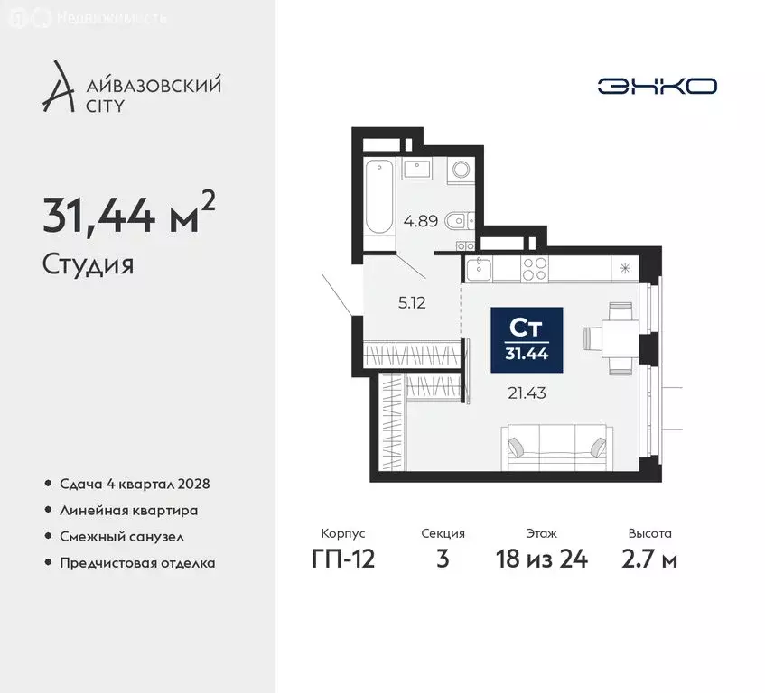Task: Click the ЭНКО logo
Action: [657, 86]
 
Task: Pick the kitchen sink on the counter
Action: [478, 266]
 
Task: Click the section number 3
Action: [442, 559]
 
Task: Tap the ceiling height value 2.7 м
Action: [650, 559]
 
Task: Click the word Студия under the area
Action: [89, 265]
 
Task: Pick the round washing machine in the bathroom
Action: [461, 170]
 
